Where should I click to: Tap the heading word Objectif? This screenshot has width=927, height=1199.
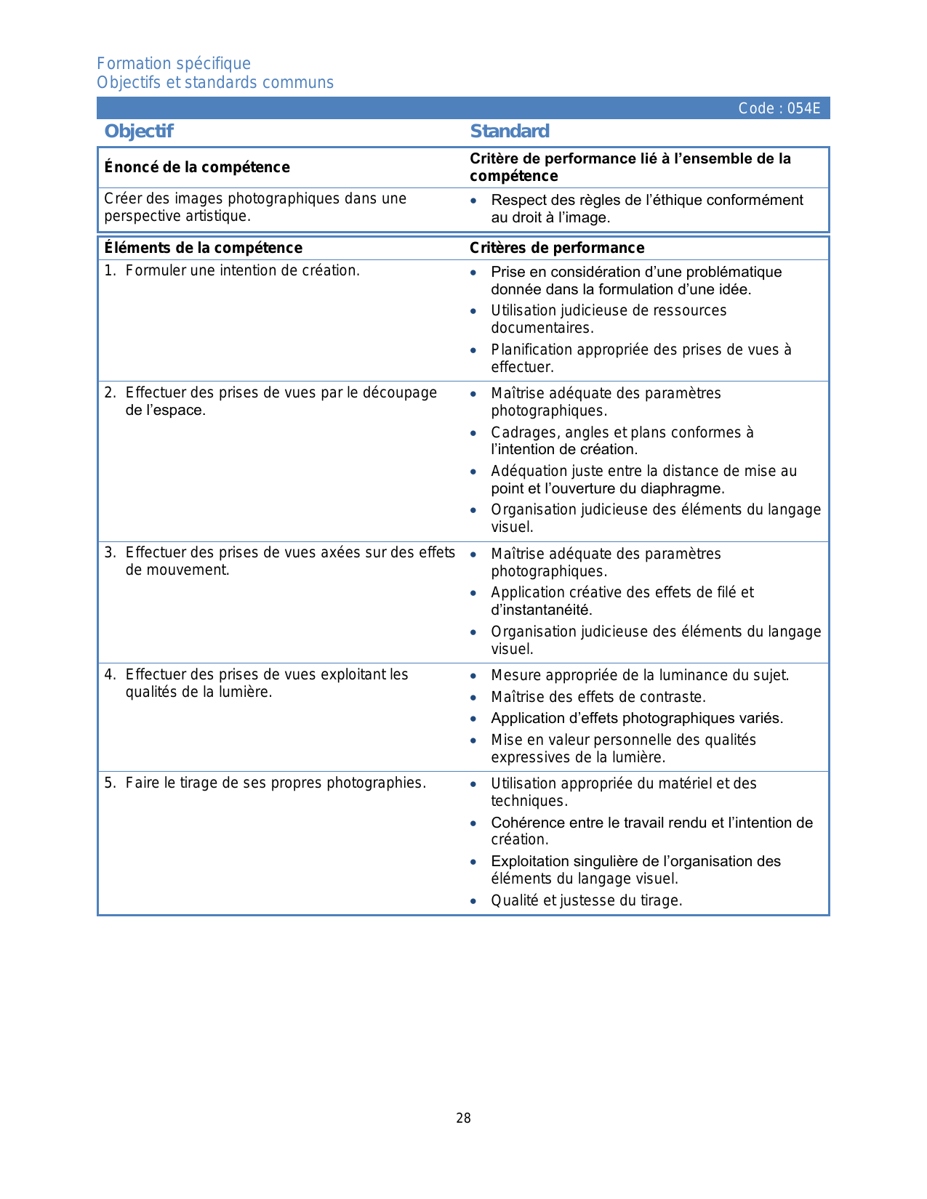(x=139, y=132)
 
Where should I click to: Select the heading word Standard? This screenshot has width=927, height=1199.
(x=510, y=132)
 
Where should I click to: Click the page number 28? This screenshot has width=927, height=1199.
(x=463, y=1118)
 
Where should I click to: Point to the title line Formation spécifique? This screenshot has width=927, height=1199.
(x=174, y=64)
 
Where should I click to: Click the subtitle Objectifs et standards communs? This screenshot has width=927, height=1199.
(x=215, y=83)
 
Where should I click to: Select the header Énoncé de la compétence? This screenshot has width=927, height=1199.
(x=197, y=168)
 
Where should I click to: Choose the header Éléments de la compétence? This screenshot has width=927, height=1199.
(x=204, y=249)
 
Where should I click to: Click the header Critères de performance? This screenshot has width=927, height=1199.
(x=557, y=249)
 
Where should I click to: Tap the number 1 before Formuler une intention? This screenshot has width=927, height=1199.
(x=109, y=271)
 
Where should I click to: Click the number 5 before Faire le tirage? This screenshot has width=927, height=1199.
(x=109, y=783)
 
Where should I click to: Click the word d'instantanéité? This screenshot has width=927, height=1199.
(x=542, y=610)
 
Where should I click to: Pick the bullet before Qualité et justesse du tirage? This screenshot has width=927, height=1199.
(x=473, y=902)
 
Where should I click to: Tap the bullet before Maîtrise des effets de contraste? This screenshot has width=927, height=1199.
(x=473, y=698)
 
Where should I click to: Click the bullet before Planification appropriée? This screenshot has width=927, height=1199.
(x=473, y=351)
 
